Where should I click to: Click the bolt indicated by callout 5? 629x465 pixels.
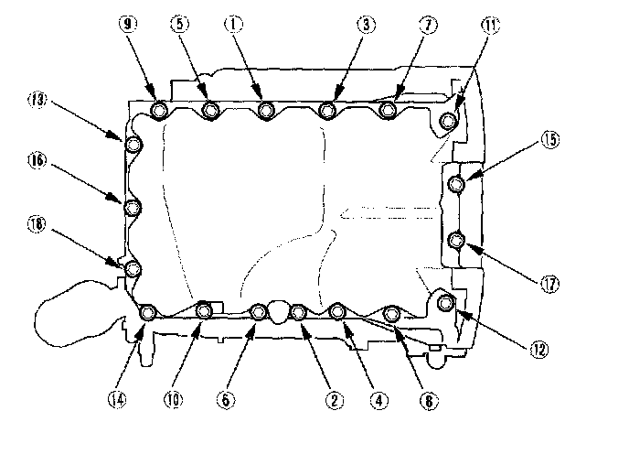click(211, 111)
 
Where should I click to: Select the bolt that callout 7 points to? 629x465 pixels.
click(388, 111)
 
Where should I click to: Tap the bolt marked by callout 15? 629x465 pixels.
click(457, 185)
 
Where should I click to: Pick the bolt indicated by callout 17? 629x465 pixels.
click(458, 241)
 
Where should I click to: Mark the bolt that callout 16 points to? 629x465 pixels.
click(132, 208)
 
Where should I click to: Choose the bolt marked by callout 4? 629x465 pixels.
click(336, 313)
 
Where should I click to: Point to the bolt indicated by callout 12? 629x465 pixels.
click(445, 303)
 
